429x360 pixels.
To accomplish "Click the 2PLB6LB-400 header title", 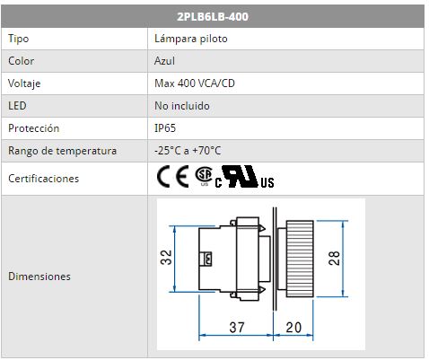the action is (213, 16).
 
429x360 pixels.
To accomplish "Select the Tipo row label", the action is (18, 39).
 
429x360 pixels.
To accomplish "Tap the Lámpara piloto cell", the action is (191, 39).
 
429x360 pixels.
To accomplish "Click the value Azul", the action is (164, 61).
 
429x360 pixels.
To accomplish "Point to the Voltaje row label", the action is (24, 83).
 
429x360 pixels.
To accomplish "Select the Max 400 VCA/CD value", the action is (195, 83).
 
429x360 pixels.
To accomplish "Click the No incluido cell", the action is (182, 106).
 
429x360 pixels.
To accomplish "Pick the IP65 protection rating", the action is (165, 128).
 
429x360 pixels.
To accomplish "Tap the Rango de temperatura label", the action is (62, 151).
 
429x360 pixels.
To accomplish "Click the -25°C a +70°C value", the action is (188, 151).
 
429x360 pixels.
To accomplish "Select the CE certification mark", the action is (173, 176).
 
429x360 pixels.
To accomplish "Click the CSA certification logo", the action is (204, 175).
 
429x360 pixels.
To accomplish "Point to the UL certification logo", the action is (244, 177).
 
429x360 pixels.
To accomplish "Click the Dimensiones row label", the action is (39, 277).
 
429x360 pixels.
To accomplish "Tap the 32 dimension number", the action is (166, 258).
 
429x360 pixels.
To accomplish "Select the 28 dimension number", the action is (334, 259).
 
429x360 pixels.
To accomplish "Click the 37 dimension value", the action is (237, 328).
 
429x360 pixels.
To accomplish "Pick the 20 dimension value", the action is (293, 328).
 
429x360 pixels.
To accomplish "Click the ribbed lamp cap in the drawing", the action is (300, 259).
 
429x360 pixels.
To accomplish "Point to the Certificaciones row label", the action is (43, 179).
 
